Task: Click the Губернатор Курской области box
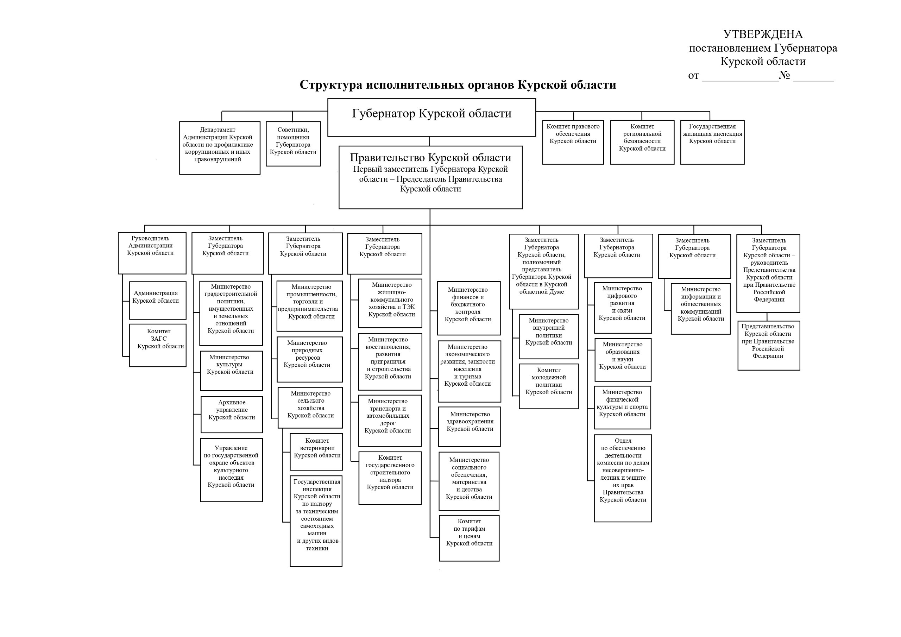431,117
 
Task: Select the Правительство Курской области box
430,177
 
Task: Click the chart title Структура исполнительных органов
458,85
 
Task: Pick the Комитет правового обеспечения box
573,142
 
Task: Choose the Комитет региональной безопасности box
642,142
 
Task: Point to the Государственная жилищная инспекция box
712,142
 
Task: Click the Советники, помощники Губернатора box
293,144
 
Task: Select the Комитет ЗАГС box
158,345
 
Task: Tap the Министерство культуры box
231,371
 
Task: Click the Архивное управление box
232,415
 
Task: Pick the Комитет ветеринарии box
316,452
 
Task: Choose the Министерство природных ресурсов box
309,359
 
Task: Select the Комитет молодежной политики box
548,386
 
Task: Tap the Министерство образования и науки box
622,360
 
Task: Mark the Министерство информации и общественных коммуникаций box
700,309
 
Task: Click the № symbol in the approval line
784,75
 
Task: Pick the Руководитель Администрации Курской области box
152,253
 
